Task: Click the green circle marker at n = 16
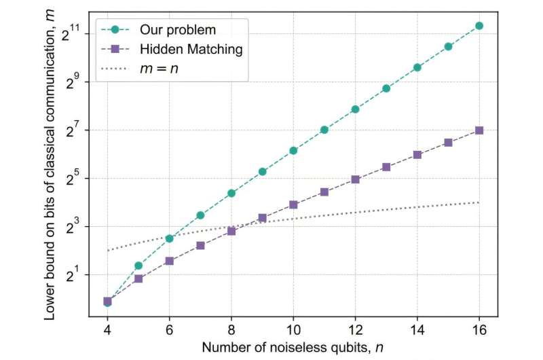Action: [x=479, y=26]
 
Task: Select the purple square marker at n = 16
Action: [x=479, y=130]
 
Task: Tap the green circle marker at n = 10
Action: [x=293, y=151]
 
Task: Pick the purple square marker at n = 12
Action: [x=355, y=179]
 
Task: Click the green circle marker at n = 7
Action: [x=200, y=215]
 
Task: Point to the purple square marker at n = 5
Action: [x=138, y=278]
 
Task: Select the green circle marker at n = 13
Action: [x=386, y=88]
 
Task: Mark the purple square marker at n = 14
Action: [x=417, y=155]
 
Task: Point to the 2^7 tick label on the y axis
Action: [x=74, y=129]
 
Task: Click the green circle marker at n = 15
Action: [x=448, y=47]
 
